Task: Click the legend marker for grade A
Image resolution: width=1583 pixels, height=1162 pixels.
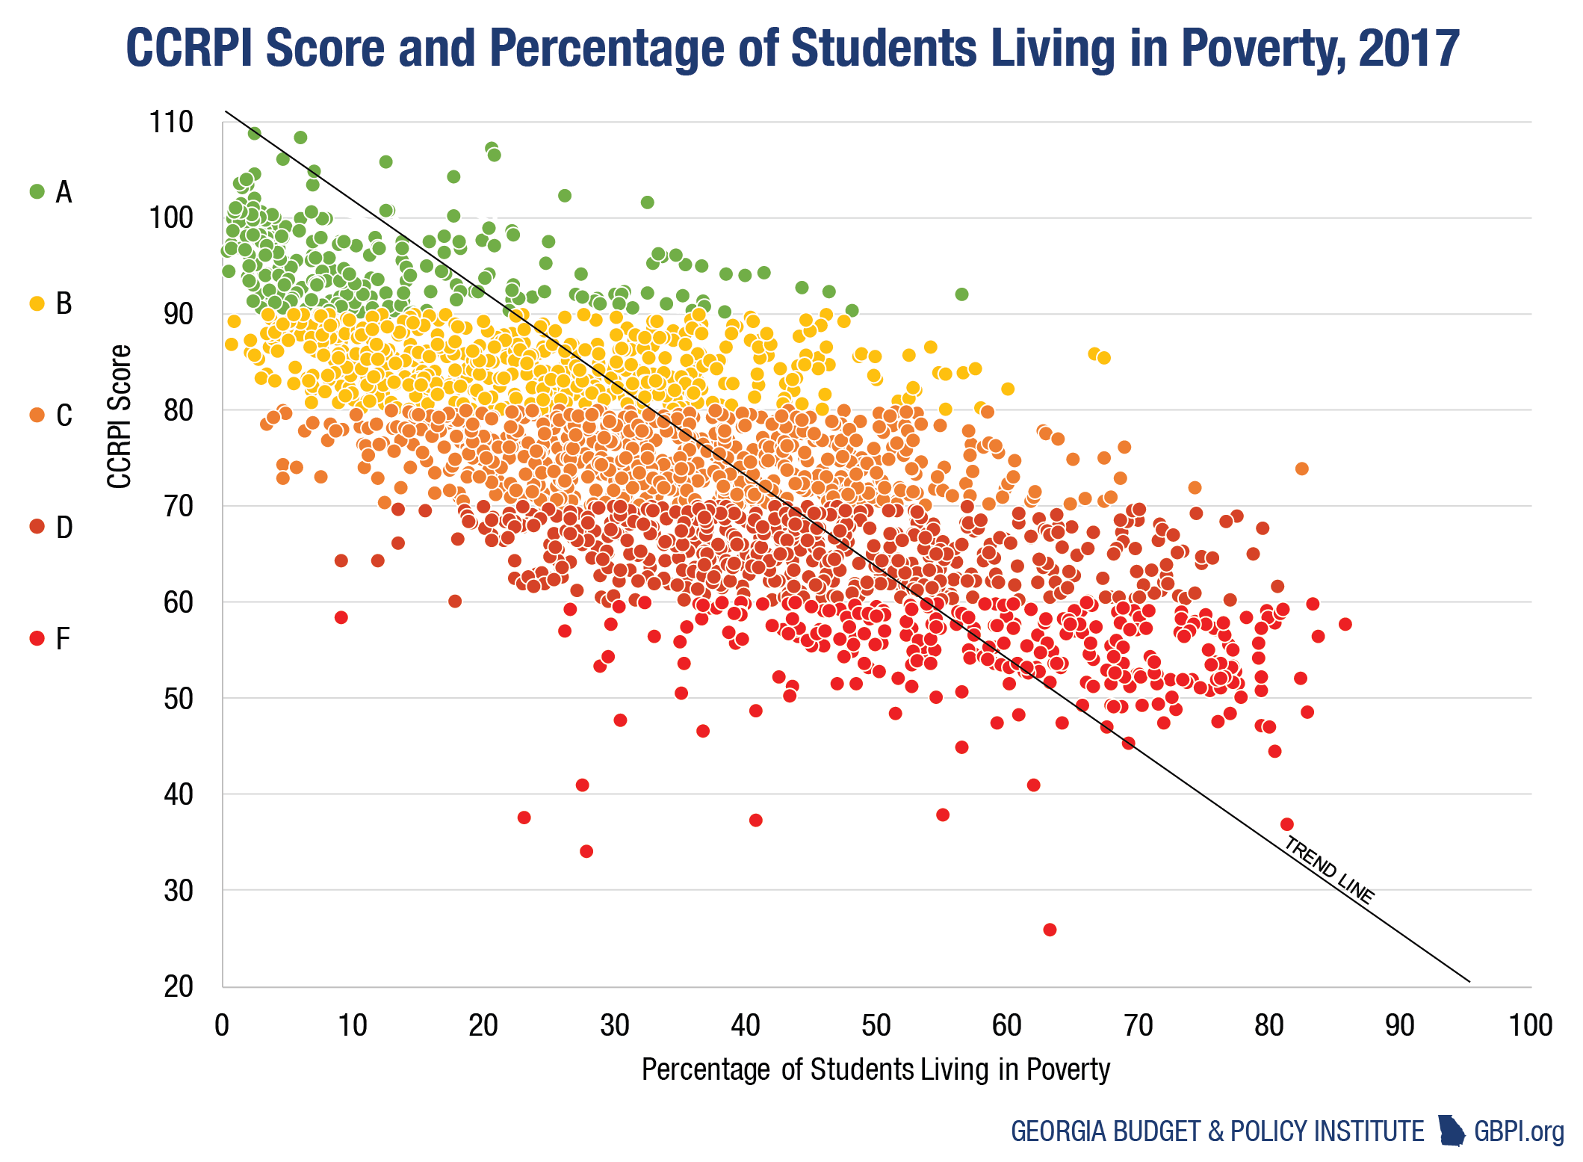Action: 37,191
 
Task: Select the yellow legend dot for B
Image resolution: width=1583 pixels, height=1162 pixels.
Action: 37,303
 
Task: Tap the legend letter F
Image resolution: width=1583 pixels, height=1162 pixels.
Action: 63,639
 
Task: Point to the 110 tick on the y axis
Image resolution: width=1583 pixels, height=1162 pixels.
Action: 171,122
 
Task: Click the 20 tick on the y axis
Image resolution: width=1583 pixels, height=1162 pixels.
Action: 179,986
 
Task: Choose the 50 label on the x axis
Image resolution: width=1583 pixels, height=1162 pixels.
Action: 876,1025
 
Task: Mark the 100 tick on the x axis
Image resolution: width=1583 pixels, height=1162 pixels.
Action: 1530,1025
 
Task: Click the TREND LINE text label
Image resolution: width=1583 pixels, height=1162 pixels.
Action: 1330,870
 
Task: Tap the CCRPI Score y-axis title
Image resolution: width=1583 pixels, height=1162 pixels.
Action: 120,416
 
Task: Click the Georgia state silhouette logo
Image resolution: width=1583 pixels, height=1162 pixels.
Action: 1452,1131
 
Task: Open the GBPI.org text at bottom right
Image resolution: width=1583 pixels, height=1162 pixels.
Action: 1519,1131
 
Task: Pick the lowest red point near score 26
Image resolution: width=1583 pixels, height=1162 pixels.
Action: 1050,930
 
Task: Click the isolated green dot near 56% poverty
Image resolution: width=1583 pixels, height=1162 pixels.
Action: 961,294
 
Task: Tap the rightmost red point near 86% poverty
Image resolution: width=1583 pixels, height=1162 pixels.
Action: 1345,624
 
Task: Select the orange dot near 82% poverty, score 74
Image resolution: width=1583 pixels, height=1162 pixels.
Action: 1301,469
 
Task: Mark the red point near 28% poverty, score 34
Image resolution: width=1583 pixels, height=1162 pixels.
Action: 586,851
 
